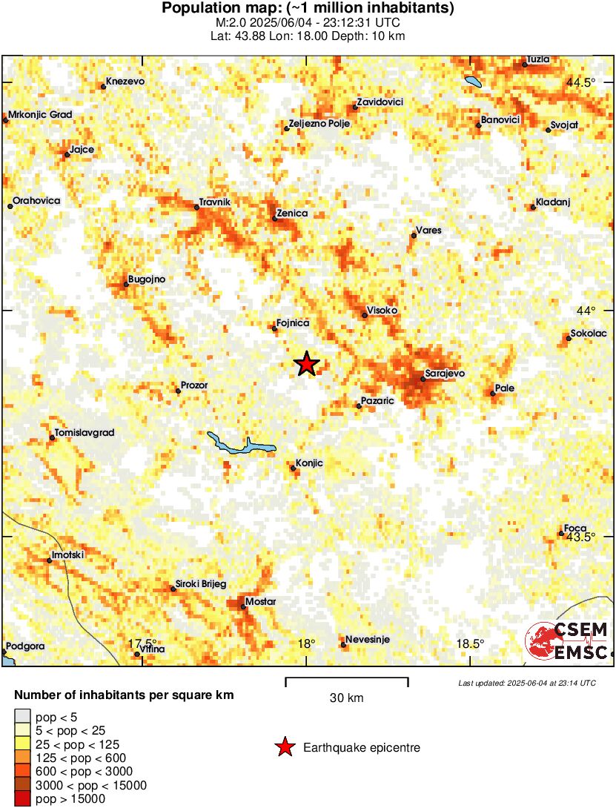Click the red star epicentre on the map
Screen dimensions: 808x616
306,364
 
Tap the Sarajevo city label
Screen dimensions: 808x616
445,374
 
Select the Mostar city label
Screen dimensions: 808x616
260,601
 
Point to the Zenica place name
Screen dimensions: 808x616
291,213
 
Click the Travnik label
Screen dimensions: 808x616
216,202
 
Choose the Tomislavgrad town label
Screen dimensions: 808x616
85,433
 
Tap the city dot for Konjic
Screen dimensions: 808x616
294,468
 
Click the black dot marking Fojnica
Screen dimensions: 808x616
274,328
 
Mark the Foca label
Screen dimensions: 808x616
575,529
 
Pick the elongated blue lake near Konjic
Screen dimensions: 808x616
241,445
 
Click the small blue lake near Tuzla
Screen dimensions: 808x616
471,82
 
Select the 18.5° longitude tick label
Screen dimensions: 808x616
470,643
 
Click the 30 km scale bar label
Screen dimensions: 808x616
346,698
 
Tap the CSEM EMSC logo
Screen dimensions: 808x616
567,641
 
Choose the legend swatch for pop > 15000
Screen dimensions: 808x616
23,799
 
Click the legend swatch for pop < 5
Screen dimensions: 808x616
23,716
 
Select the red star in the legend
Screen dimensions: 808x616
285,748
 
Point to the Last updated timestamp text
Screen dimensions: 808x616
526,683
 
